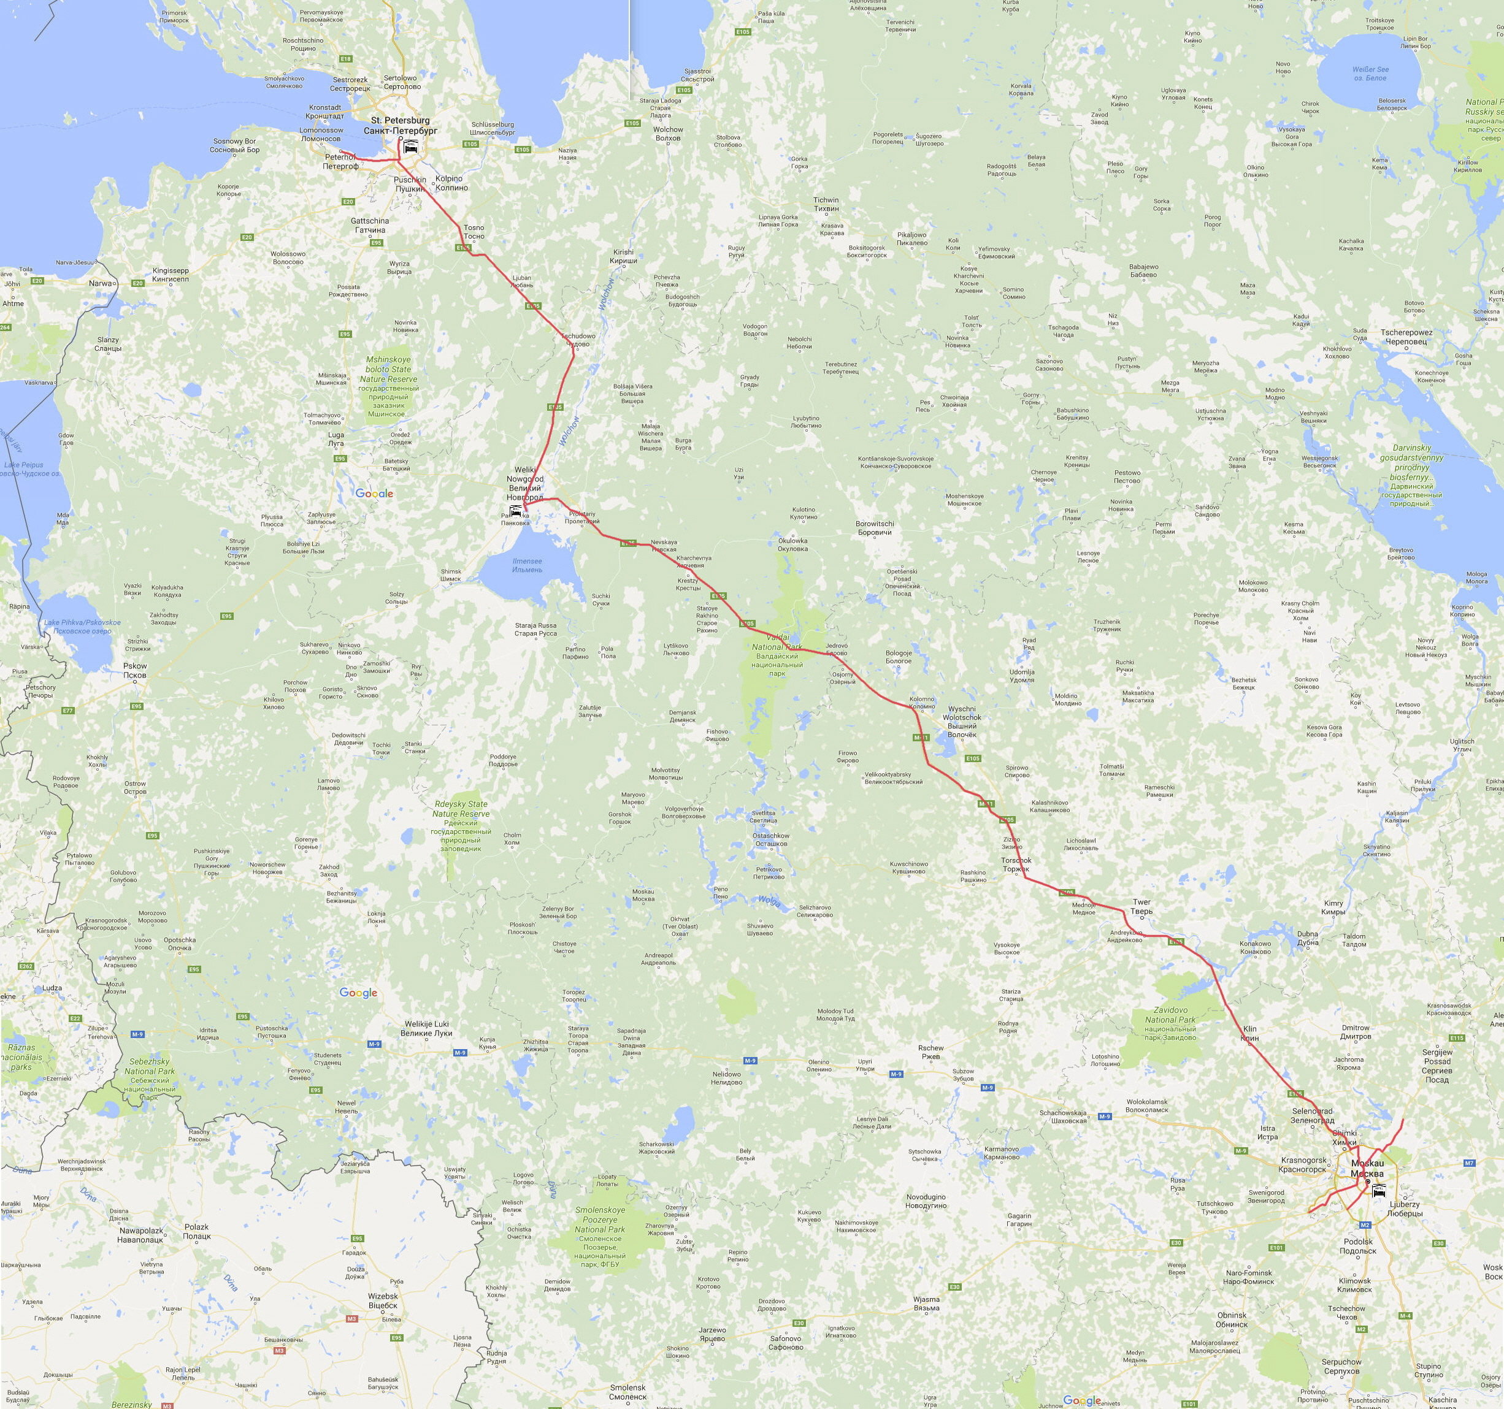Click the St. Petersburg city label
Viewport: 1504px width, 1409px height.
point(400,126)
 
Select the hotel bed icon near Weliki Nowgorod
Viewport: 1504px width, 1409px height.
point(515,511)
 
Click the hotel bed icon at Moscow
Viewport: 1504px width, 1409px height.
point(1378,1189)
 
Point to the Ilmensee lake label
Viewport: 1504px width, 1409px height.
point(528,565)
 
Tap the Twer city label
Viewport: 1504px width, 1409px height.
point(1141,906)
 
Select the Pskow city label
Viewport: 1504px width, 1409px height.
point(136,670)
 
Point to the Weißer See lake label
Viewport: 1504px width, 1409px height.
point(1370,74)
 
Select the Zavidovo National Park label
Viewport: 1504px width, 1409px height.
point(1170,1023)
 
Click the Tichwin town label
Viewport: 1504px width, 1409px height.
point(826,204)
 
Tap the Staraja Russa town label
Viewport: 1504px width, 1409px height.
point(535,629)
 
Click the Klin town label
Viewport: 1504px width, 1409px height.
point(1249,1034)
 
